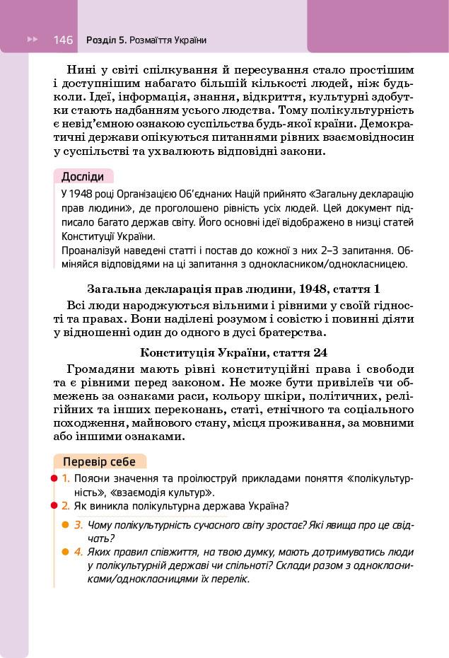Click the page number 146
point(63,40)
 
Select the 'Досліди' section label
point(82,177)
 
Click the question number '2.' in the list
point(65,505)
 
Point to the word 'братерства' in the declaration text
point(292,332)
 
